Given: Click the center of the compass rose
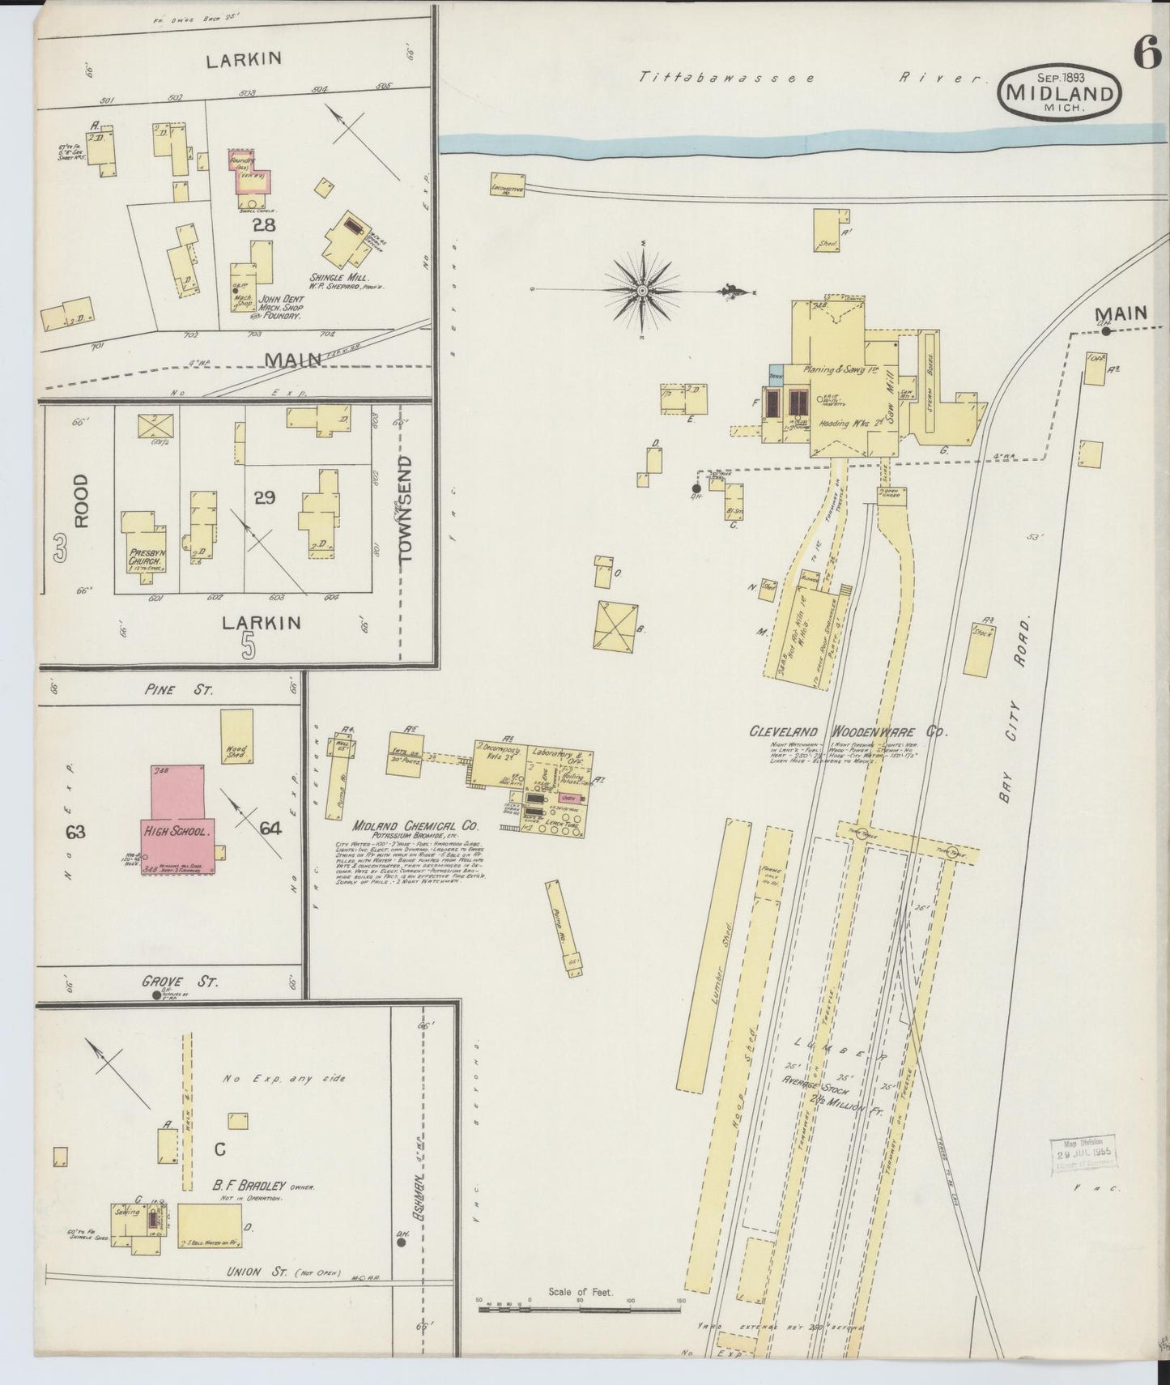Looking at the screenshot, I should point(641,290).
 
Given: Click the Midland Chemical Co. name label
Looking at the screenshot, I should point(415,826).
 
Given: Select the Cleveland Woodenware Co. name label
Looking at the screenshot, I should point(847,731).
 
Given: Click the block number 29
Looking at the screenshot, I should point(265,497).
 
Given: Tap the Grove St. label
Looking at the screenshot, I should point(180,980).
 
